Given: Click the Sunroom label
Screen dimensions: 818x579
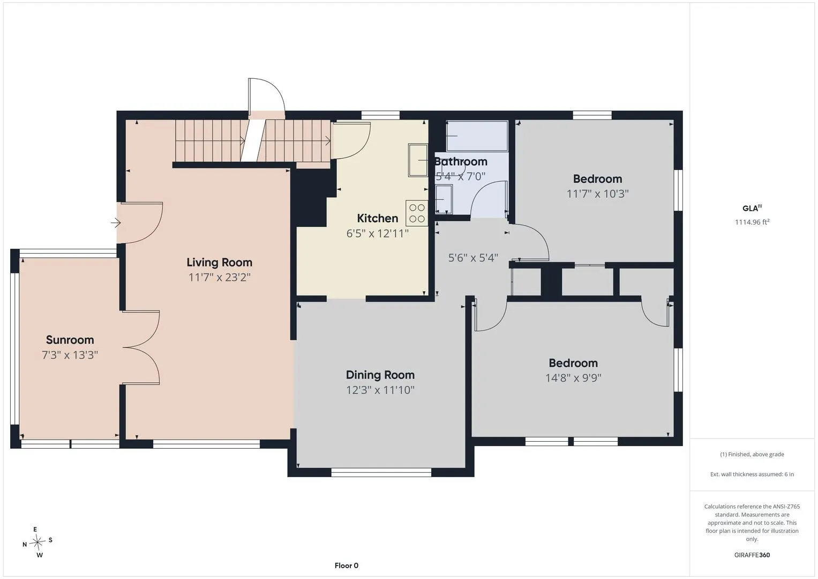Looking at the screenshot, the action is pos(70,340).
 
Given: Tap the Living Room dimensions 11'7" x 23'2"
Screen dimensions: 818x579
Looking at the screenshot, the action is pos(220,278).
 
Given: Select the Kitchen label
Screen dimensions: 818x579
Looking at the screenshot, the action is pos(378,218).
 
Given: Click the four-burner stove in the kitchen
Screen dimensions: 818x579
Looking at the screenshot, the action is pos(417,213).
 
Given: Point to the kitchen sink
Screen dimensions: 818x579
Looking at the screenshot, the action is pos(418,160).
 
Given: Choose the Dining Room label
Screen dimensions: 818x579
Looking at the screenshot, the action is pos(380,375).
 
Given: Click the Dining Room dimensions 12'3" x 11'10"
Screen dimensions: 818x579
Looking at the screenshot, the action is pos(380,390).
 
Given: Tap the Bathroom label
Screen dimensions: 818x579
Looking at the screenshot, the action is pos(461,161).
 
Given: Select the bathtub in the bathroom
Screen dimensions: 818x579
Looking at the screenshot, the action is pos(477,136).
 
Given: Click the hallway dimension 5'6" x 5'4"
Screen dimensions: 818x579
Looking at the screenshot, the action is pos(473,258).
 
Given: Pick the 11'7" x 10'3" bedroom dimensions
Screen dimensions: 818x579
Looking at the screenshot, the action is pos(597,194).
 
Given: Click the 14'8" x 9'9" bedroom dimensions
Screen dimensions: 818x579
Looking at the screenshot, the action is pos(573,378).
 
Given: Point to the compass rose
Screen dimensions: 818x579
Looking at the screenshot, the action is pos(37,541).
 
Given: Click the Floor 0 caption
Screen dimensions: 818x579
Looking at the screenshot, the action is pos(347,566).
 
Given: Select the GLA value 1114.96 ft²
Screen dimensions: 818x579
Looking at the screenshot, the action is pos(752,222).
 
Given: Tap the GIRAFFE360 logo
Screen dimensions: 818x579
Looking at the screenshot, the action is pos(752,555).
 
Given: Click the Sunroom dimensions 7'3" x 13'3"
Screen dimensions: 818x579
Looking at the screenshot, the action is pos(70,355).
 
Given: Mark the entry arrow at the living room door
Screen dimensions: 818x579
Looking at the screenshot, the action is pos(116,222).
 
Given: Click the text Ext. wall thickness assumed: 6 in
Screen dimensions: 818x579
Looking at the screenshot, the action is pos(752,474).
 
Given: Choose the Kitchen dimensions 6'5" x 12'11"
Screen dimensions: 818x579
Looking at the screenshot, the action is pos(378,233).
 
